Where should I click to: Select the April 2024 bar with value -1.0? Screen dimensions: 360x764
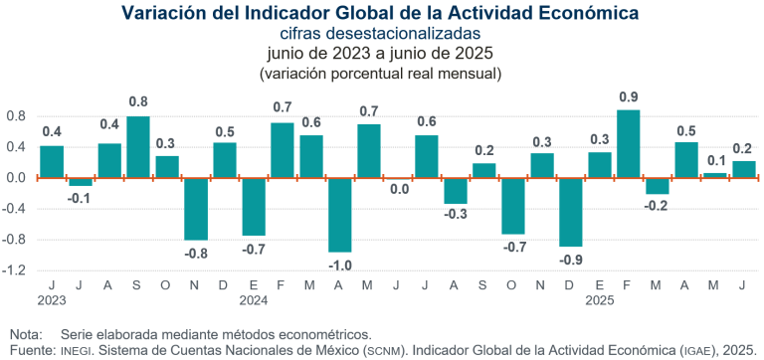click(340, 215)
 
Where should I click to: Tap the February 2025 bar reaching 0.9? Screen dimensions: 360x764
click(629, 143)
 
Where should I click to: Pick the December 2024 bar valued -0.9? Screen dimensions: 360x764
click(571, 212)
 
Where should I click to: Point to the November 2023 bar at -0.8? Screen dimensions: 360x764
click(196, 209)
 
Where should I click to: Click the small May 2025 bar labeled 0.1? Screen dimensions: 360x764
click(686, 175)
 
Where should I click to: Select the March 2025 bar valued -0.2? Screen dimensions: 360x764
click(658, 186)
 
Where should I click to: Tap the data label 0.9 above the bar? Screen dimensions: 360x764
click(629, 97)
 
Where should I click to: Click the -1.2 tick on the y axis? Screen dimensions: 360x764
click(16, 270)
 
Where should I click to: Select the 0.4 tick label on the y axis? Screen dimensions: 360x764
click(17, 147)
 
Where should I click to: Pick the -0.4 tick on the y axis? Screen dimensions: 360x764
click(16, 208)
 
